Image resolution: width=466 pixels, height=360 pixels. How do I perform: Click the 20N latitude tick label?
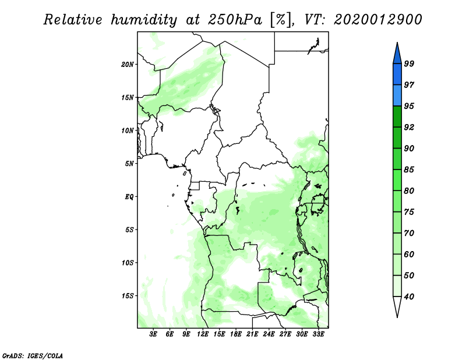point(127,65)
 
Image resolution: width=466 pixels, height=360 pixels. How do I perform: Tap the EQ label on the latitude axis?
point(129,197)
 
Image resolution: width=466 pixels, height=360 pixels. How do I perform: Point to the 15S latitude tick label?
point(127,296)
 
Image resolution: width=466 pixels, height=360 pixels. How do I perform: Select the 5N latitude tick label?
point(129,164)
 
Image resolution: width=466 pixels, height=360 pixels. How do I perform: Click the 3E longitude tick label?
point(153,334)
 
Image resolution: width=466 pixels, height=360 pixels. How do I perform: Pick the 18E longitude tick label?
point(236,334)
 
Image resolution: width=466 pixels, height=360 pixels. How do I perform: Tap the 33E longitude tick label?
point(318,334)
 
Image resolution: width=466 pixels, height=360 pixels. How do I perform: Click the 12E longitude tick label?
point(203,334)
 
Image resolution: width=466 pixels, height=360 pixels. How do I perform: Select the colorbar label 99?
point(409,63)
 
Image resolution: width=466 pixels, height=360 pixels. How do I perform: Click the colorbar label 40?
point(409,297)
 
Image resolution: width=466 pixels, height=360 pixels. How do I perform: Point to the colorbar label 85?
point(409,170)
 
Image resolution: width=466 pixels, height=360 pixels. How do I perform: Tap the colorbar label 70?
point(409,233)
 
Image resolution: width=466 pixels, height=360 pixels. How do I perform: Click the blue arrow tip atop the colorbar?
point(397,43)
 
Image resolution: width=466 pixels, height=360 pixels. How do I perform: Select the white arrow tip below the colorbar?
point(397,317)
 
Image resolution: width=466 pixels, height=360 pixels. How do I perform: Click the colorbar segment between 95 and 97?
point(397,96)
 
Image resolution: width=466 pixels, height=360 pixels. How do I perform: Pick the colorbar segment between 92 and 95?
point(397,117)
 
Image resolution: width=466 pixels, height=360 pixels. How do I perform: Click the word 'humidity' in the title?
point(144,20)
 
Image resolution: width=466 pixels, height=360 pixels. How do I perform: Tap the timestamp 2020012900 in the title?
point(377,20)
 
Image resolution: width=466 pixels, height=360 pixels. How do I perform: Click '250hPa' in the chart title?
point(235,20)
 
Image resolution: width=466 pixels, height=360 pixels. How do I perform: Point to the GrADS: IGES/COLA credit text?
point(33,356)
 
